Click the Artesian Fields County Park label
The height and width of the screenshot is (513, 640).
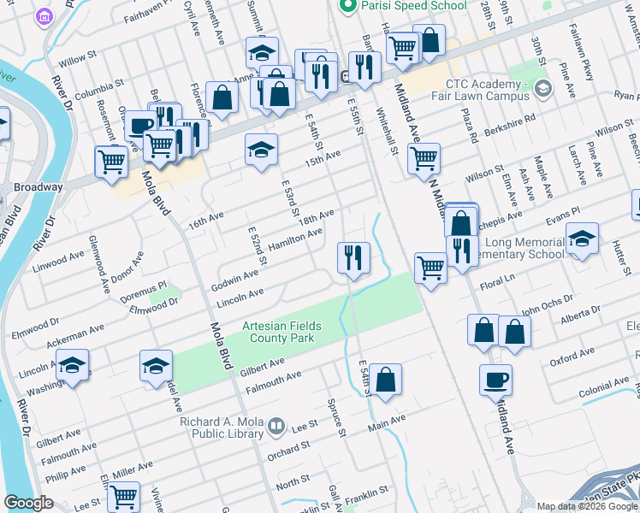[277, 332]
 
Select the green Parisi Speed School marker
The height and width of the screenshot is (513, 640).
[347, 6]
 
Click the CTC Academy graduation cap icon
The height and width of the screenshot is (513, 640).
[542, 89]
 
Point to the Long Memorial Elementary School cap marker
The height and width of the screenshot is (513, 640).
[582, 239]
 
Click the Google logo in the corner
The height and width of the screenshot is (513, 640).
[28, 503]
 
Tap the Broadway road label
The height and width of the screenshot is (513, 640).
[38, 186]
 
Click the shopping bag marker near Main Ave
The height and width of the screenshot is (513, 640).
[386, 379]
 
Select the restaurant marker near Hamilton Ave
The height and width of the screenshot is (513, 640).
[353, 256]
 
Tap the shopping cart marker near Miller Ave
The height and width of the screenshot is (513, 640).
[124, 495]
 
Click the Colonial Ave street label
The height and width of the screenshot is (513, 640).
[602, 393]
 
